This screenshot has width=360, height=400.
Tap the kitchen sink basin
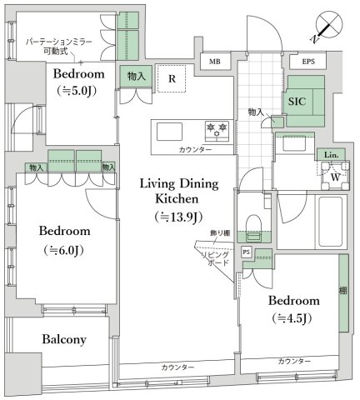170,130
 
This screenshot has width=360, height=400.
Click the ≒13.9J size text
176,218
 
